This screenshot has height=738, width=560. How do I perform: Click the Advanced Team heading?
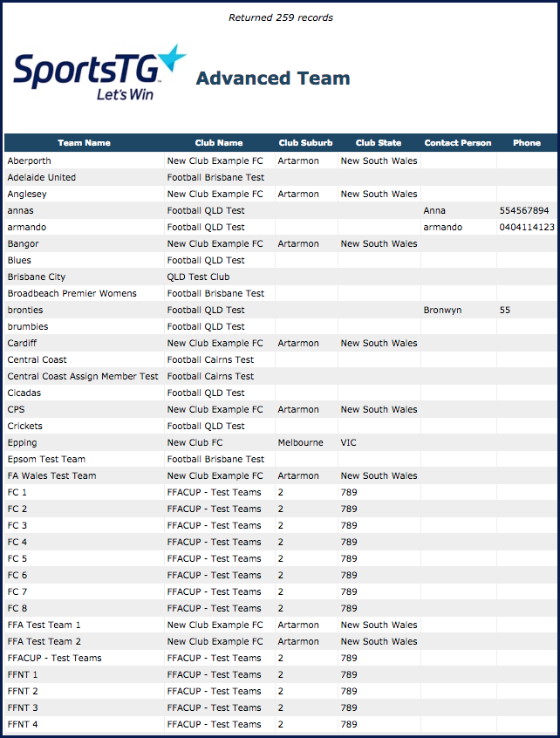(x=273, y=79)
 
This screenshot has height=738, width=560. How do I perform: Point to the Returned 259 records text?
(x=280, y=17)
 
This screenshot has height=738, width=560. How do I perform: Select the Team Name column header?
(x=84, y=143)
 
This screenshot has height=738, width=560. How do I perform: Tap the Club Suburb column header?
(x=305, y=143)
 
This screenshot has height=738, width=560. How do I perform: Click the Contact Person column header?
(x=458, y=143)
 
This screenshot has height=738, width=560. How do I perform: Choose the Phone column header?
(x=526, y=143)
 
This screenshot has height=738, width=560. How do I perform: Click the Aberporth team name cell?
(x=29, y=161)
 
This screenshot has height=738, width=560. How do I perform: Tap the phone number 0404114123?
(x=527, y=227)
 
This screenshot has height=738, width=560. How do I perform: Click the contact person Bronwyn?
(x=442, y=310)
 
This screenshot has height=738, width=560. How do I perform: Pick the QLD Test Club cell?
(x=198, y=277)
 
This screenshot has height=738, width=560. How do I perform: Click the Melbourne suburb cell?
(x=300, y=442)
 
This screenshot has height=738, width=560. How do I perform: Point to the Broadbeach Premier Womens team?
(x=72, y=293)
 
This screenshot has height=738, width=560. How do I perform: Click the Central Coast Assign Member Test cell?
(x=83, y=376)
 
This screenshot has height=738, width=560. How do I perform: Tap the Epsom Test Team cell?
(x=46, y=459)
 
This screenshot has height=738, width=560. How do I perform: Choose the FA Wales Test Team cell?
(x=51, y=475)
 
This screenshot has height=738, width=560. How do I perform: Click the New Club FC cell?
(x=195, y=442)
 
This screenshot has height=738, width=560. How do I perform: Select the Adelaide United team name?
(x=41, y=177)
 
